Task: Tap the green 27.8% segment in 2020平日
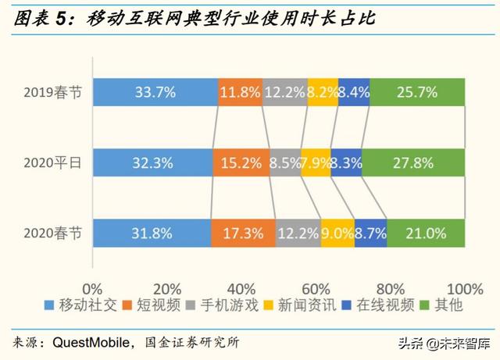tap(414, 164)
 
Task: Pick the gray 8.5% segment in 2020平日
tap(286, 164)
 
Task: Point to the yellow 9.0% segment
tap(337, 233)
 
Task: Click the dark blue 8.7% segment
tap(370, 233)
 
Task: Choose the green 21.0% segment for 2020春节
tap(426, 233)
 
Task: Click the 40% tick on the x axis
tap(242, 286)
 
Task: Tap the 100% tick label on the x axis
tap(464, 286)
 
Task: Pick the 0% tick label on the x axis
tap(93, 286)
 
